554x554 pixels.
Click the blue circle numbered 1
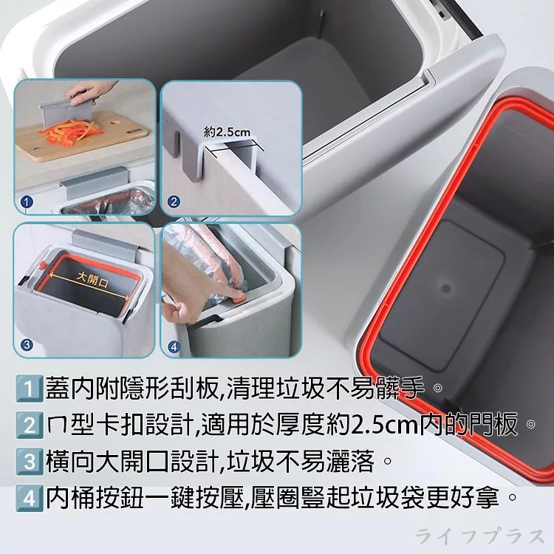click(27, 202)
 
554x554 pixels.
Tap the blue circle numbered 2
click(173, 202)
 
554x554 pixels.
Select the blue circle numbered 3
click(27, 344)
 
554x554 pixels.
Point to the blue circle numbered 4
click(174, 346)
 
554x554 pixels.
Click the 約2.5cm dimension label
click(228, 132)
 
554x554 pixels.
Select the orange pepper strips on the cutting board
click(71, 131)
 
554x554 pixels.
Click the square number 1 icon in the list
click(29, 389)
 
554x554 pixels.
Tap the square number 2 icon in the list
click(29, 425)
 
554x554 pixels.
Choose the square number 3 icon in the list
click(29, 462)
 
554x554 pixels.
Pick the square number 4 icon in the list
click(29, 498)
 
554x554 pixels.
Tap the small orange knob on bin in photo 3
click(43, 264)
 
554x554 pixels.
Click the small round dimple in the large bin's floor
click(446, 288)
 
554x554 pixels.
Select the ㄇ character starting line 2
click(56, 426)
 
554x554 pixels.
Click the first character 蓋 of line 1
click(58, 389)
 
